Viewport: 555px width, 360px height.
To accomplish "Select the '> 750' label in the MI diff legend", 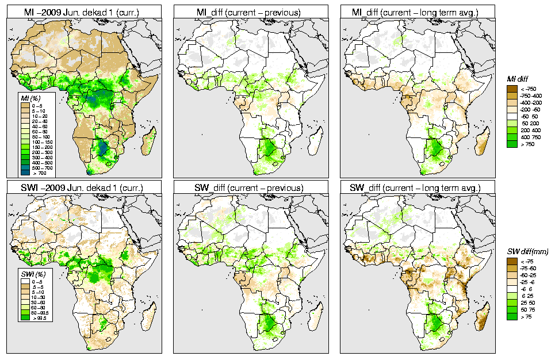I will click(527, 144).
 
